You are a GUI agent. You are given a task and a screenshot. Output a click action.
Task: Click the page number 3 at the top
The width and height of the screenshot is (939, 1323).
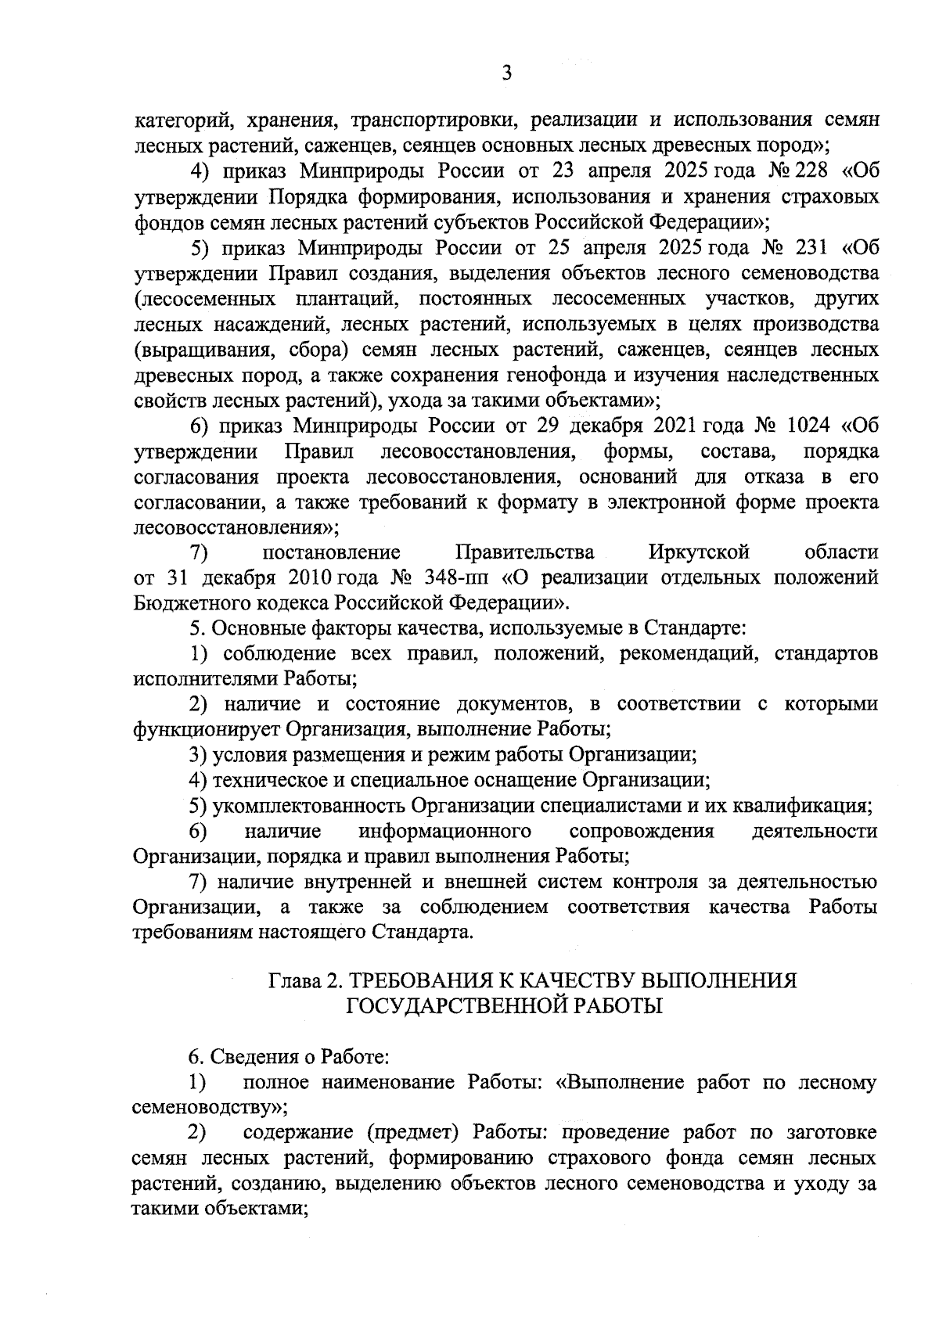tap(506, 74)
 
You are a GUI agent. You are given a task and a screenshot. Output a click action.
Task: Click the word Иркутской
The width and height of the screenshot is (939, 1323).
tap(700, 552)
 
